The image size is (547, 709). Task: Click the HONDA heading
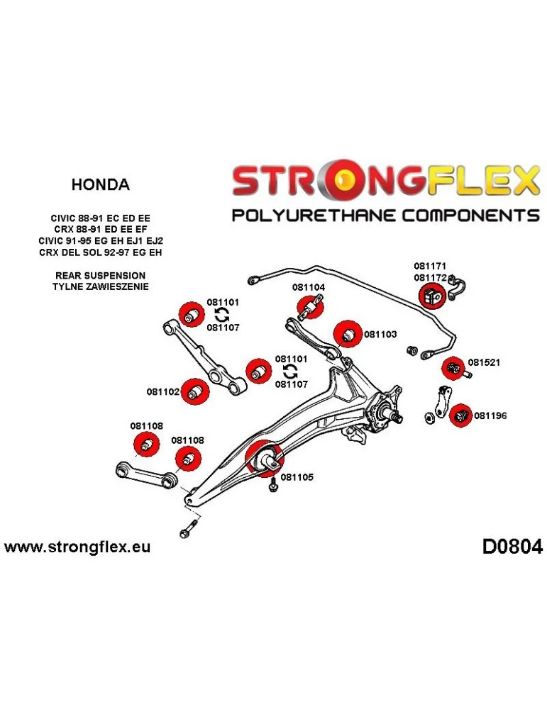[x=100, y=185]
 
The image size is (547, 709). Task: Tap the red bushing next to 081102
[x=195, y=391]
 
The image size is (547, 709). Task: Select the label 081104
[x=309, y=287]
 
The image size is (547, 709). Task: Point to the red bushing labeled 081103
[x=345, y=333]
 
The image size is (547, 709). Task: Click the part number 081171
[x=431, y=267]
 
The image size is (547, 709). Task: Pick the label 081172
[x=431, y=278]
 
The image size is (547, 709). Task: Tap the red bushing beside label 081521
[x=452, y=368]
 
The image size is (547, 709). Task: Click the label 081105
[x=297, y=476]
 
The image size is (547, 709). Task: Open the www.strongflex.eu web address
[x=77, y=547]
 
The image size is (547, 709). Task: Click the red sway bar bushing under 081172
[x=432, y=296]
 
